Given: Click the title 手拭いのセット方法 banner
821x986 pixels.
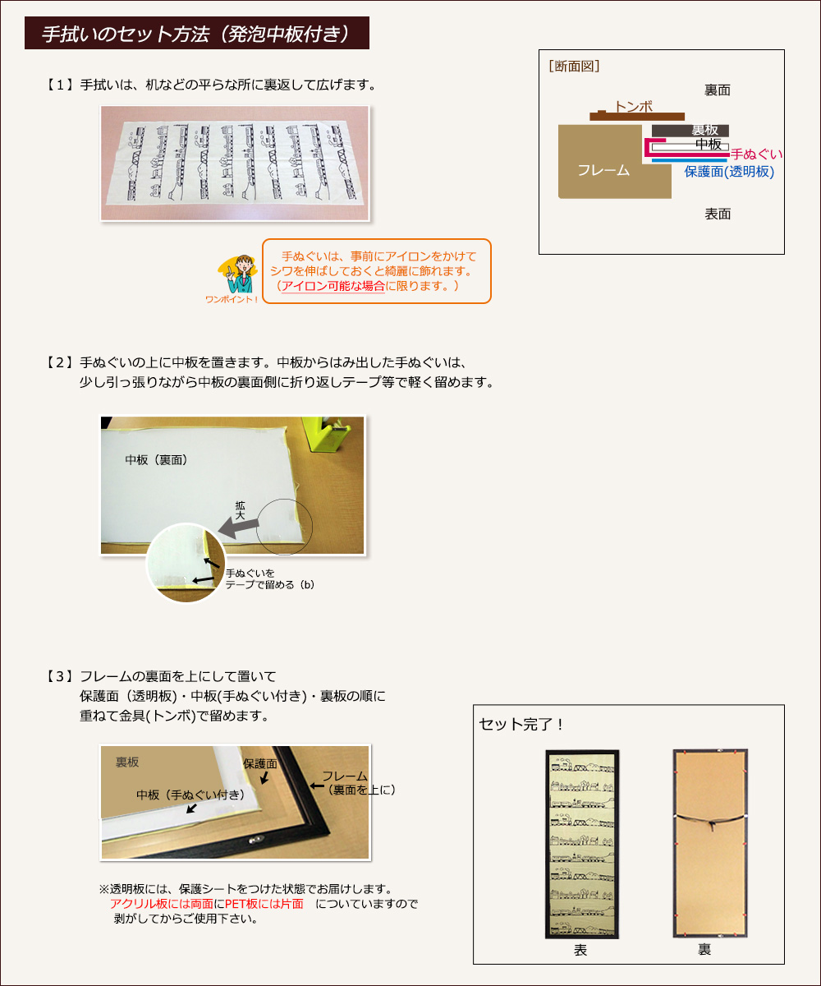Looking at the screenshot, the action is click(197, 33).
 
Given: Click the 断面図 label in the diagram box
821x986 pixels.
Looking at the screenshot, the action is click(574, 66).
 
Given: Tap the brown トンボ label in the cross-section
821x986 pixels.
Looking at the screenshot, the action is click(633, 106).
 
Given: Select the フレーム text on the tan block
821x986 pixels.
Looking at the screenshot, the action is click(603, 170).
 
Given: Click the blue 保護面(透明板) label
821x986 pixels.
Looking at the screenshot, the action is click(729, 172).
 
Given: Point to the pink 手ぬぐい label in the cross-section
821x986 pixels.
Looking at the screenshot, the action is click(756, 154).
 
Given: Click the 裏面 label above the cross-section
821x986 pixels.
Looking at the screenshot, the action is click(718, 90).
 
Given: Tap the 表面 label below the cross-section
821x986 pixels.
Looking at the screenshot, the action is click(718, 214).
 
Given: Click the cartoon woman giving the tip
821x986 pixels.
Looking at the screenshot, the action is click(239, 274).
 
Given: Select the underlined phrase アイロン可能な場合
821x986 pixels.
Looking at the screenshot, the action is click(333, 286).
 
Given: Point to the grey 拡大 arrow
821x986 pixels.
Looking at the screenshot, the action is click(239, 527).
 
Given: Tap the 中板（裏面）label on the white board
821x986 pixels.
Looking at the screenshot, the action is click(156, 460).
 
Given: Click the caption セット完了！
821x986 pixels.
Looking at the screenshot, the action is click(521, 724).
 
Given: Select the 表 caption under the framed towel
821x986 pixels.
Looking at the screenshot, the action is click(580, 950).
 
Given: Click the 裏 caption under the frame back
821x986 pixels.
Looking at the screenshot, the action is click(704, 949).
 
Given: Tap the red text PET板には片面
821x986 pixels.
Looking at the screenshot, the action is click(264, 904).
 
